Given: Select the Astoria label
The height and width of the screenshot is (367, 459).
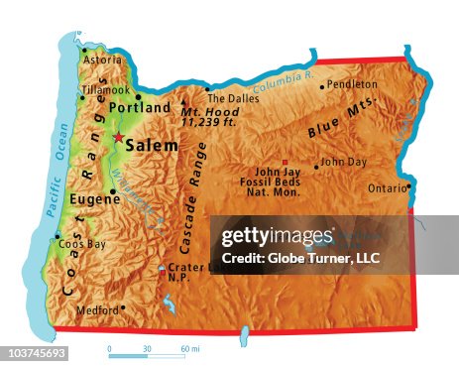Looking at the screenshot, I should coord(102,60).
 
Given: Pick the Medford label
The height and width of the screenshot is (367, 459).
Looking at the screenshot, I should coord(96,309).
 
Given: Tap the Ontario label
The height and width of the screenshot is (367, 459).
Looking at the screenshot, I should coord(386,188).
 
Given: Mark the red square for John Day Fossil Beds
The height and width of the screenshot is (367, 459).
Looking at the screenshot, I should coord(286,161).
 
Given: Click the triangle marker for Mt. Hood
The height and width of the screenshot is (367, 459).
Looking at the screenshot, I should coord(183,101).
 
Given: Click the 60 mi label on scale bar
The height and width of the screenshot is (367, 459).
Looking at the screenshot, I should coord(190,349).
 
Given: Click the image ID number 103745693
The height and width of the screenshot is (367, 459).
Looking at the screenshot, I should coord(35,353).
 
